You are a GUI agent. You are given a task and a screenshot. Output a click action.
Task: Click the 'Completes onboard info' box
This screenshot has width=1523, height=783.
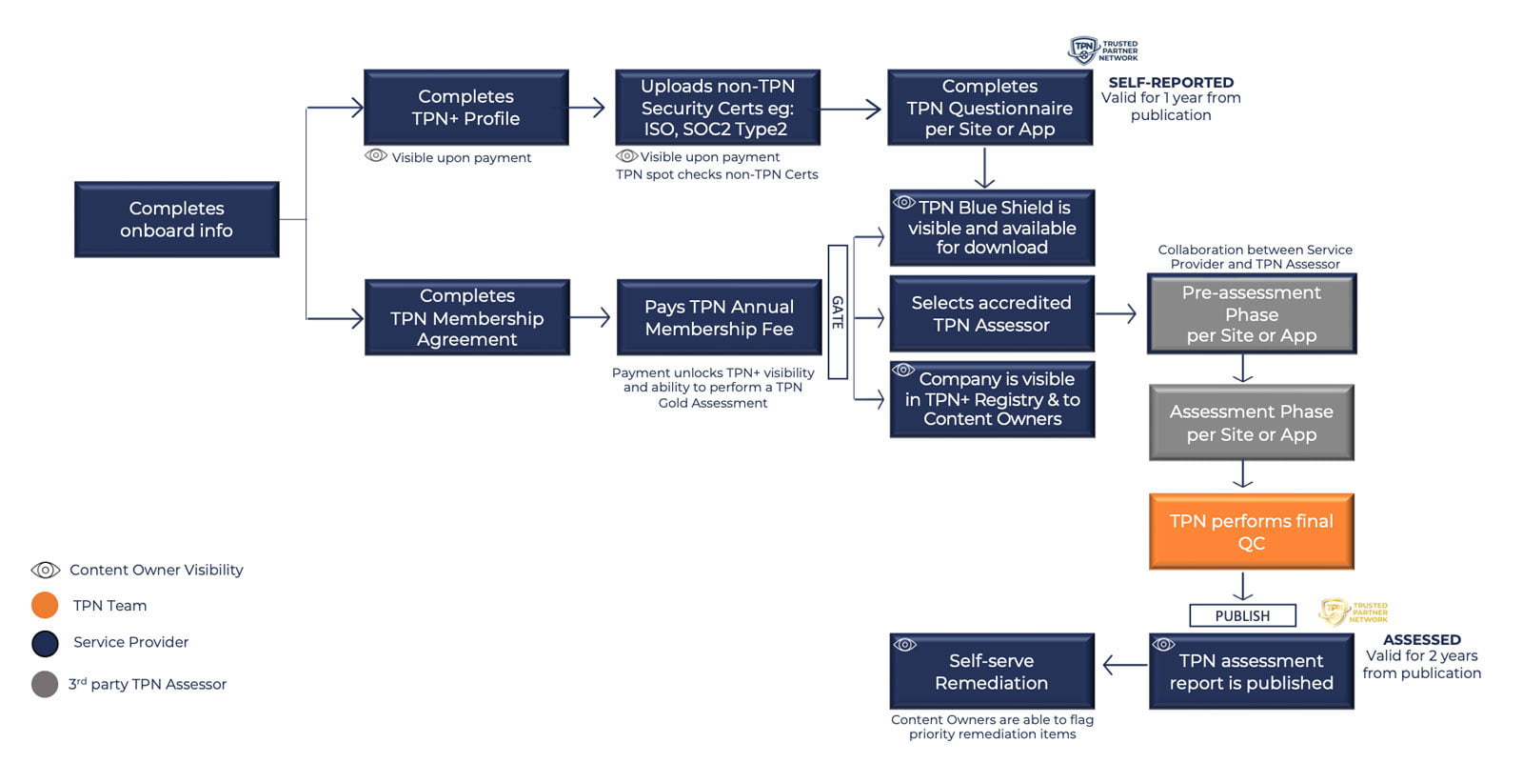[x=176, y=219]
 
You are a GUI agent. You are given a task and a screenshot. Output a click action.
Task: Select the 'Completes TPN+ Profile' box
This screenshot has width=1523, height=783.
[x=465, y=107]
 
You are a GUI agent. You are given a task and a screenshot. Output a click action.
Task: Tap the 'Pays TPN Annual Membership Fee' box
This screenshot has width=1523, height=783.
[x=719, y=317]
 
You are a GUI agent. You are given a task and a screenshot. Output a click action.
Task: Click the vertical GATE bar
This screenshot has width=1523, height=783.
[x=838, y=312]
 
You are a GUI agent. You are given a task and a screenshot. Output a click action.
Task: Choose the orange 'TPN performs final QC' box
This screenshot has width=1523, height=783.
[x=1251, y=532]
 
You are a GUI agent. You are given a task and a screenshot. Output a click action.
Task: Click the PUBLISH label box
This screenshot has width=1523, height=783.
[x=1242, y=615]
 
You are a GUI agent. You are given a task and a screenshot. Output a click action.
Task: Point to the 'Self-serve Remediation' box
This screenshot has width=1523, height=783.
[x=991, y=671]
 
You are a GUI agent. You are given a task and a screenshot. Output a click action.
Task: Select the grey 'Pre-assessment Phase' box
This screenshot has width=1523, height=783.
[x=1251, y=313]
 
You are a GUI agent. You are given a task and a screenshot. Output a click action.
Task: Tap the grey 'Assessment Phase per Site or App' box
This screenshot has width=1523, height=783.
[x=1251, y=422]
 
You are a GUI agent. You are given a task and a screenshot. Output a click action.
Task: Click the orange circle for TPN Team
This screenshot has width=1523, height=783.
[x=45, y=605]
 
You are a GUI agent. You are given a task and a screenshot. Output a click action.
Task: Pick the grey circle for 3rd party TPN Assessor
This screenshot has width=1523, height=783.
[x=45, y=684]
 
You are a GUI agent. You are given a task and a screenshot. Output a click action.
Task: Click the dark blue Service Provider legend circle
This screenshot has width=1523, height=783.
[x=45, y=643]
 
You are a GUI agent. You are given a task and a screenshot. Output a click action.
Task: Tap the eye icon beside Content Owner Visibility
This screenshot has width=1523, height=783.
[x=45, y=570]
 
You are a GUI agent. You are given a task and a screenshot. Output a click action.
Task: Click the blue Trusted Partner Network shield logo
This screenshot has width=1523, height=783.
[x=1083, y=50]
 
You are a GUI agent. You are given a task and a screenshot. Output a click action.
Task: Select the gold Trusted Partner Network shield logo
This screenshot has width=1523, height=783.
[x=1334, y=611]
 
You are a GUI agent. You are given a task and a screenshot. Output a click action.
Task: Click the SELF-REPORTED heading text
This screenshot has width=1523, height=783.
[x=1171, y=83]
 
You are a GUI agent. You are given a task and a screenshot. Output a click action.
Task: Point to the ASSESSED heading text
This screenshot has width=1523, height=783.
[x=1421, y=640]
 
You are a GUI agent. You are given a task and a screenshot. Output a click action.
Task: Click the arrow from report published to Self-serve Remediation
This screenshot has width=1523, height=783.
[x=1123, y=665]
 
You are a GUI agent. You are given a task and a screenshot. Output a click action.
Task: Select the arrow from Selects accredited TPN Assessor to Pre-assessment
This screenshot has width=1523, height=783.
[x=1116, y=313]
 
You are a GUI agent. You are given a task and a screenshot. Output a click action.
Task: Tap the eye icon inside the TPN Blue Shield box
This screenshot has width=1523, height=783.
[x=904, y=203]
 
